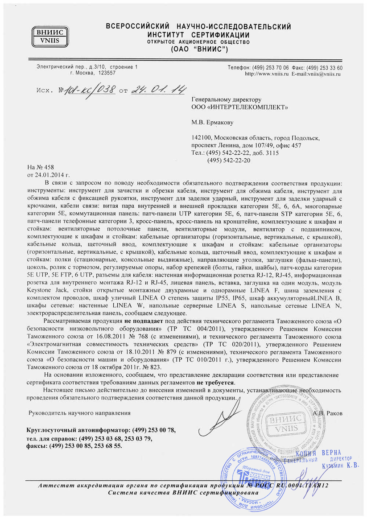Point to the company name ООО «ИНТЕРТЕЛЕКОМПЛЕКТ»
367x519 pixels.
(239, 107)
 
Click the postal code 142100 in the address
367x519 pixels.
(201, 138)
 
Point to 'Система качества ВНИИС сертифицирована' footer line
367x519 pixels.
(183, 493)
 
